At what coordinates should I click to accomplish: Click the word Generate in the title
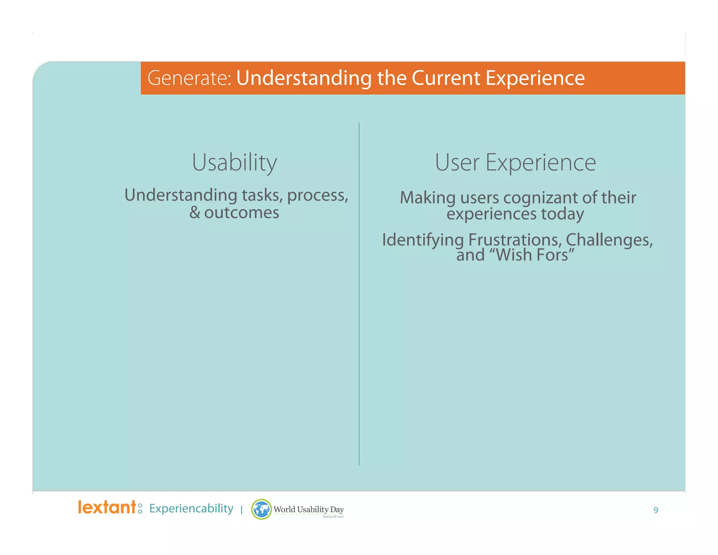coord(189,78)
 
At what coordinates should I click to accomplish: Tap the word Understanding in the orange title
coord(304,78)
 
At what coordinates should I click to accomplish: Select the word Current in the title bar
coord(445,78)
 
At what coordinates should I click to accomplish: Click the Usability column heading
coord(234,162)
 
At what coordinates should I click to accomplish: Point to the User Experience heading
coord(515,162)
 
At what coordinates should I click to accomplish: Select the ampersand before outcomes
coord(195,213)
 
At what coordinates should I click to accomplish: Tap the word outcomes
coord(242,213)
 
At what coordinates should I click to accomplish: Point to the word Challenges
coord(609,240)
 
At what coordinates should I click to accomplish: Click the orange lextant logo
coord(107,507)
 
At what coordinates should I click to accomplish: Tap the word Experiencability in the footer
coord(191,508)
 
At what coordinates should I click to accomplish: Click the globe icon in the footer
coord(262,509)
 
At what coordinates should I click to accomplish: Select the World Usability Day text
coord(309,509)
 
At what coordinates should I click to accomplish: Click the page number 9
coord(656,510)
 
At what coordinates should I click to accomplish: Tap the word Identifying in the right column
coord(423,240)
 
